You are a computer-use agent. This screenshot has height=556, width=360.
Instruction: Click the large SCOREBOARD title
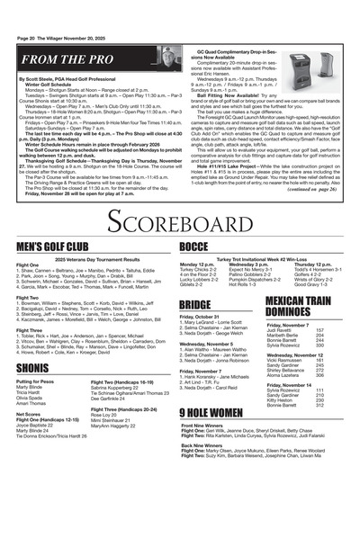click(179, 220)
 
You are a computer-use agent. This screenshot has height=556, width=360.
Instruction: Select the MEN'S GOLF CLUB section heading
click(51, 246)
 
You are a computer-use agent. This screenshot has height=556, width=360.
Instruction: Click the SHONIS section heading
click(31, 368)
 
